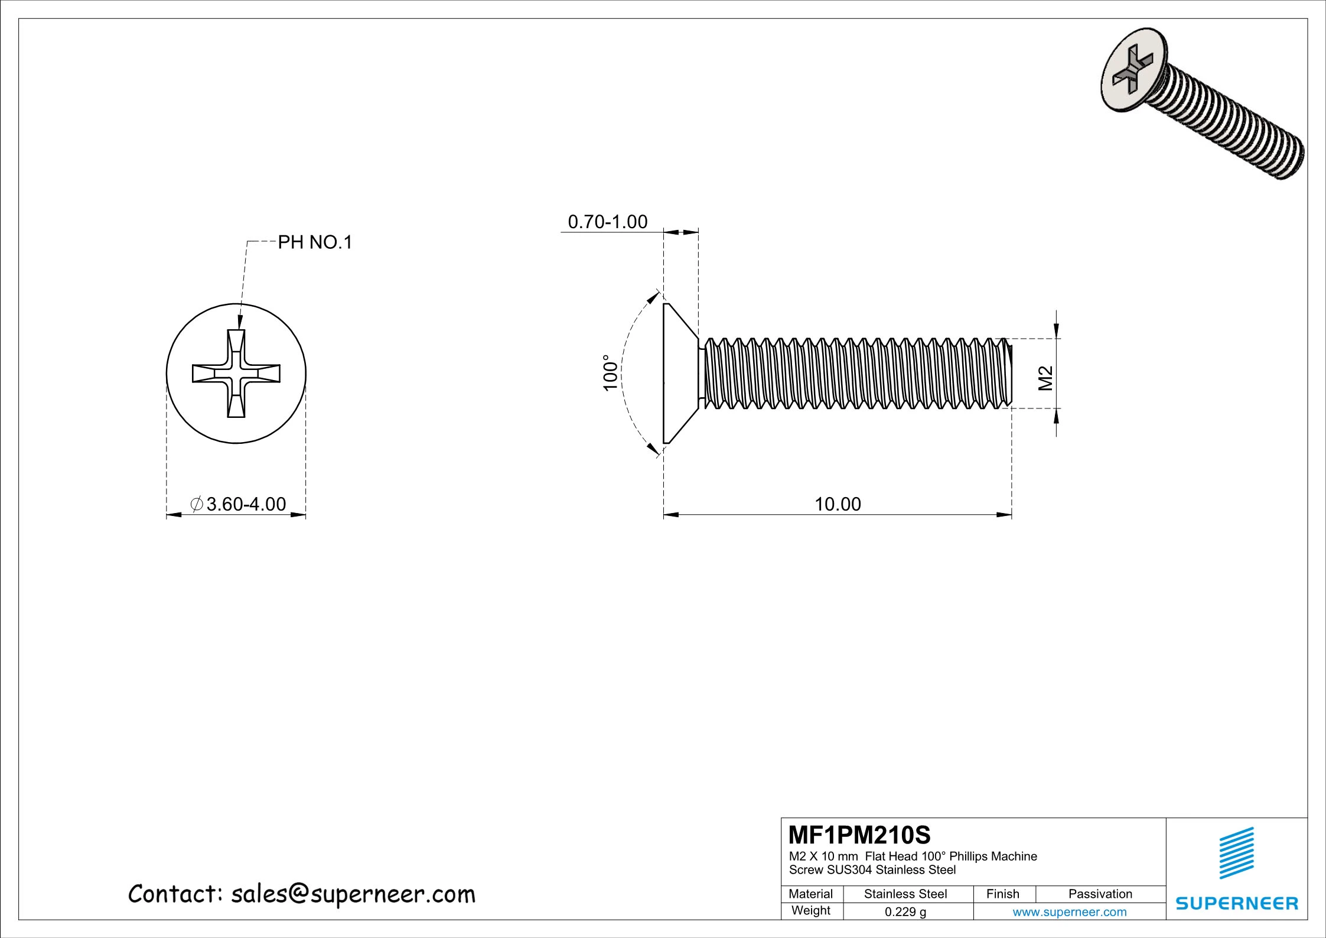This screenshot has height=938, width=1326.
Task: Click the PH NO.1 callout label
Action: [315, 242]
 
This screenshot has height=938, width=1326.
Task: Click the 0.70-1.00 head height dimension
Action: [607, 222]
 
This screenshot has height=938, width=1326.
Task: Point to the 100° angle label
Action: [610, 372]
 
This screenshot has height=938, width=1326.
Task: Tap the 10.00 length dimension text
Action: [838, 504]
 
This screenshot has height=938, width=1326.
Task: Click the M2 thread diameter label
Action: [1045, 378]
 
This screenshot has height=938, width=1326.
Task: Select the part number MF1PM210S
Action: [859, 835]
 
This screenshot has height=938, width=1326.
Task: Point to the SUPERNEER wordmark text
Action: [1237, 903]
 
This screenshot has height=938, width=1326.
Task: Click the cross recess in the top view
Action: [236, 374]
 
